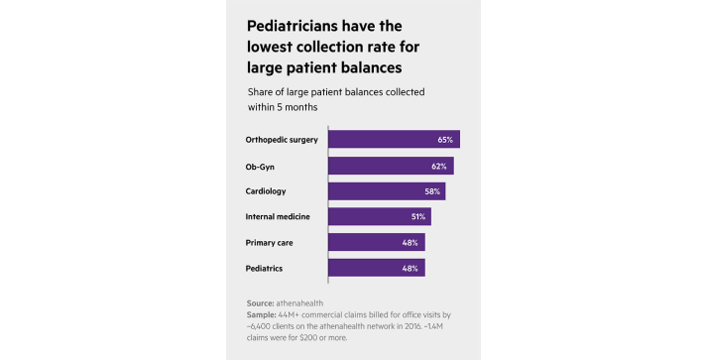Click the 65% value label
pos(444,140)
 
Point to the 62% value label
pos(438,166)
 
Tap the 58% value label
pos(430,191)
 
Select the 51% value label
pos(417,216)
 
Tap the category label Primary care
pos(269,242)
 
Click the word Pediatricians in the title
pos(296,24)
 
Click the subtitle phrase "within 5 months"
pos(284,106)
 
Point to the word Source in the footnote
pos(261,301)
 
